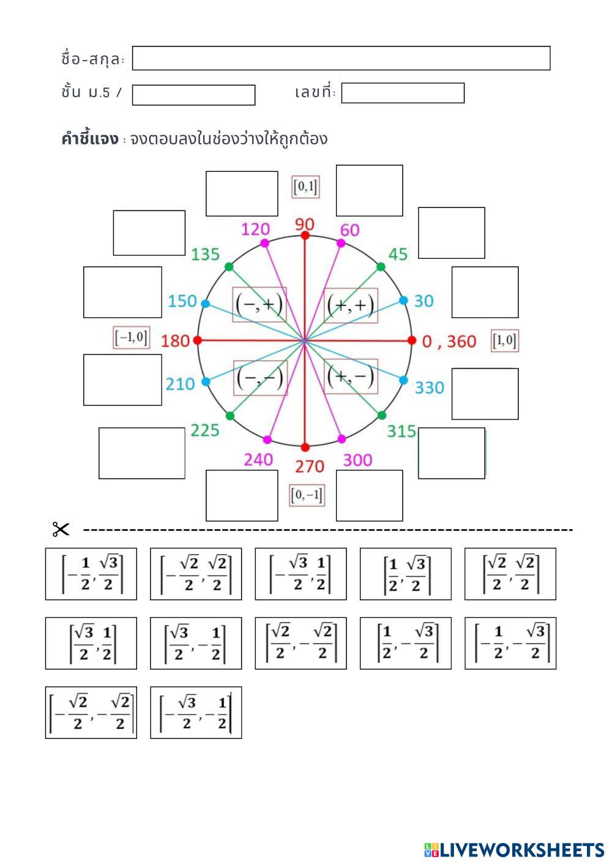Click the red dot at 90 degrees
(305, 235)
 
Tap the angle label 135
(205, 254)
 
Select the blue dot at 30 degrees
(403, 300)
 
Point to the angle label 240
(258, 460)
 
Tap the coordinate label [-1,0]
(132, 338)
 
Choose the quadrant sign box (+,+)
(351, 305)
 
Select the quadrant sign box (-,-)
(261, 377)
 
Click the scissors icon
(61, 529)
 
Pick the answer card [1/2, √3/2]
(406, 574)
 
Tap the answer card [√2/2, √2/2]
(510, 574)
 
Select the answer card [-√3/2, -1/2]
(196, 713)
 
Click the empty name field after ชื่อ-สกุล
(341, 58)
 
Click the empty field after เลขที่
(403, 93)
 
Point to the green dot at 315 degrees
(382, 415)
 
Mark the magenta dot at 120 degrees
(264, 243)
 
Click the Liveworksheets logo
(514, 850)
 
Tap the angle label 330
(429, 388)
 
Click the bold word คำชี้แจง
(89, 139)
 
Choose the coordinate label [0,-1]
(307, 495)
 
